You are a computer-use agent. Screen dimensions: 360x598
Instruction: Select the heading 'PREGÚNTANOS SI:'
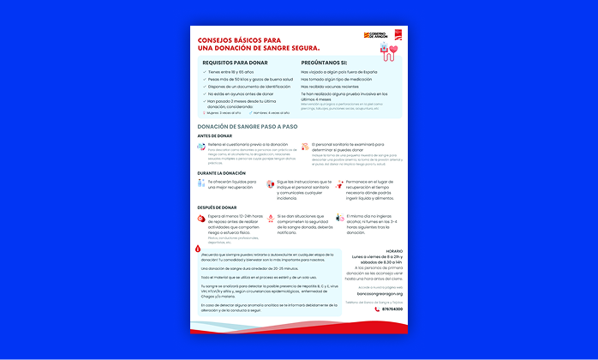click(326, 63)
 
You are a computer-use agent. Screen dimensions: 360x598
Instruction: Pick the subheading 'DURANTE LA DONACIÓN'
click(221, 173)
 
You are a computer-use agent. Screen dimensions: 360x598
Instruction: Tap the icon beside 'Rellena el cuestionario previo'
click(202, 148)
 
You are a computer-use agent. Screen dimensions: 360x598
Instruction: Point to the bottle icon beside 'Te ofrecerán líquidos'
click(202, 183)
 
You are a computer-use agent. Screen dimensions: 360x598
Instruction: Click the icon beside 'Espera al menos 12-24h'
click(202, 219)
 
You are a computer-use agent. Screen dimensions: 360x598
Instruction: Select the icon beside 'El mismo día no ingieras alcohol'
click(340, 219)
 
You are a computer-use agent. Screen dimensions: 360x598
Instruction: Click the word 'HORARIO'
click(389, 251)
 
